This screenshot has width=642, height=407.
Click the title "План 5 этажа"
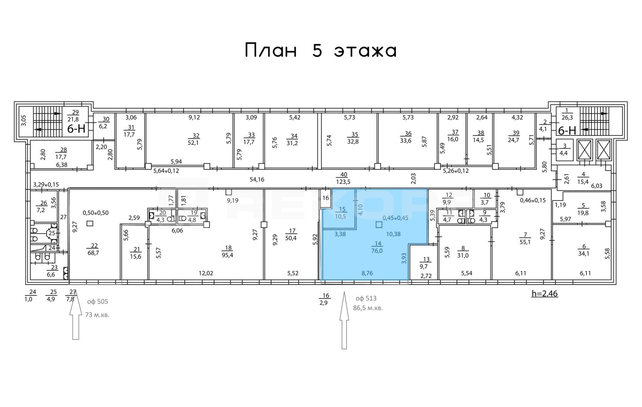tap(321, 51)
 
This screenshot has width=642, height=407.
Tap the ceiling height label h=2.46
tap(544, 293)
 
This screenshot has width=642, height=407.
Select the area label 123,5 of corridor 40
tap(344, 182)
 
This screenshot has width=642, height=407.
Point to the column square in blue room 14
tap(379, 225)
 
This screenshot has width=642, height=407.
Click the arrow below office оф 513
tap(344, 320)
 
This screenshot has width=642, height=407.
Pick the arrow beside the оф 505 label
tap(75, 314)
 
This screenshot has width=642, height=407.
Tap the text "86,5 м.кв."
tap(368, 308)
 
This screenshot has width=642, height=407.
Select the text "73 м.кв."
tap(97, 315)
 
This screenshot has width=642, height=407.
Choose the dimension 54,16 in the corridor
tap(257, 180)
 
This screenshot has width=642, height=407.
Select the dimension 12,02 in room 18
tap(206, 273)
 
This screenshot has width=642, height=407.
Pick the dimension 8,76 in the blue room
tap(367, 273)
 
